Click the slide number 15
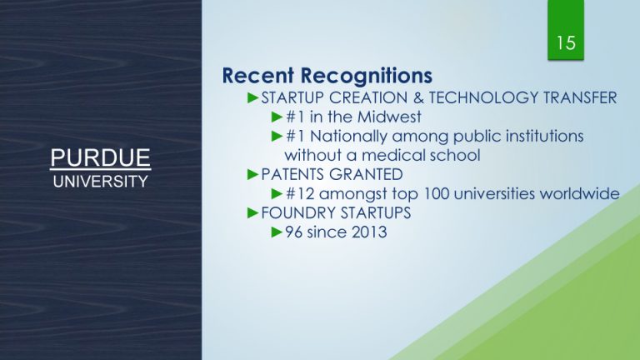pos(566,42)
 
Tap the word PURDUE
pos(100,157)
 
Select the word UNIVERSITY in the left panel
pos(100,182)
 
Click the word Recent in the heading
pos(258,76)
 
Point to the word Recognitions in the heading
pos(367,76)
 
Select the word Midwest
pos(389,117)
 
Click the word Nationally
pos(348,137)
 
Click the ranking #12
pos(300,194)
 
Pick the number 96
pos(294,232)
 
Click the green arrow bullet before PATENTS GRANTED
pos(253,175)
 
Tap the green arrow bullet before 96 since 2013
pos(277,232)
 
